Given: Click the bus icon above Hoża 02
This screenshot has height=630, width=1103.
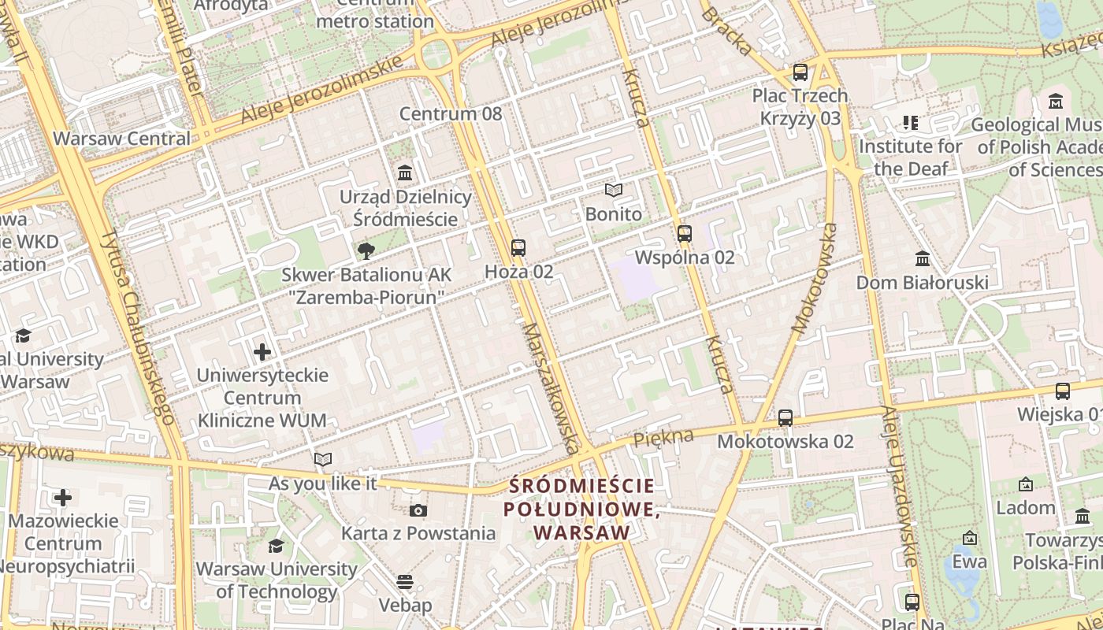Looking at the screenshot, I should tap(518, 248).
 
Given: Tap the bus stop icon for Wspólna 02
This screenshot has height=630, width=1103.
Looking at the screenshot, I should tap(684, 234).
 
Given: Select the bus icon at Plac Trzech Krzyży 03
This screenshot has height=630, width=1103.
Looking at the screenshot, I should tap(800, 72).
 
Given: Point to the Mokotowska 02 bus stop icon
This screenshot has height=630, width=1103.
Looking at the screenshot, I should tap(785, 418).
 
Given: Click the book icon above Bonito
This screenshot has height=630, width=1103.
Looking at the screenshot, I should tap(613, 191).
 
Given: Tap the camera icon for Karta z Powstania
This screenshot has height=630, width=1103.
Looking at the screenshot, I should tap(418, 510).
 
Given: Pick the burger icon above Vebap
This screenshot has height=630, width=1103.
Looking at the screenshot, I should tap(405, 582).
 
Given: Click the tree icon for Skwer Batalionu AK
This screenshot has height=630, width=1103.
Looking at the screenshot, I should tap(366, 251).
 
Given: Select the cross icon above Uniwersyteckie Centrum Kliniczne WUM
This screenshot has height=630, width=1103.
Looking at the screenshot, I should tap(262, 352).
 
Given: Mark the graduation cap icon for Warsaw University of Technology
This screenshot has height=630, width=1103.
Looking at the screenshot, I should tap(276, 546).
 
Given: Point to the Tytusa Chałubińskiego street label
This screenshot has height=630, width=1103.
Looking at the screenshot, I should tap(137, 327).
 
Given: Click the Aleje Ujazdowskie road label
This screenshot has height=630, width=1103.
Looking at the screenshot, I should tap(899, 487).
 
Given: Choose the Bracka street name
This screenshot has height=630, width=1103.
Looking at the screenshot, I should tap(726, 31).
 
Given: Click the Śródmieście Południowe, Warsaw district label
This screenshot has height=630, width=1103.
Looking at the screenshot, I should tap(582, 510).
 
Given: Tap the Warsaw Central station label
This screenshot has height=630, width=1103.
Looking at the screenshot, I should tap(121, 139).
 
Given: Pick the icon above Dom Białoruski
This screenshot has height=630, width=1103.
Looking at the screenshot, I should tap(922, 259).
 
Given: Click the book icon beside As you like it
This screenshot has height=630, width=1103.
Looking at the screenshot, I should tap(323, 460).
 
